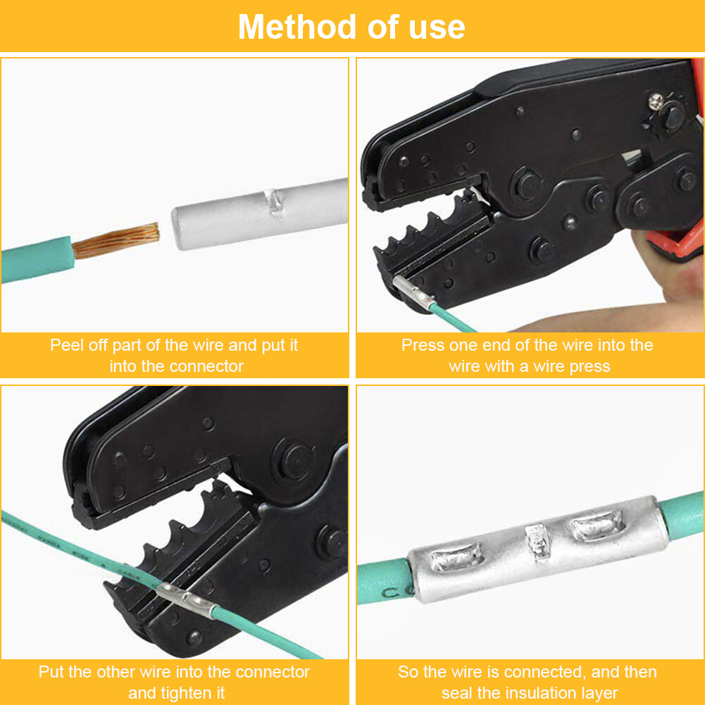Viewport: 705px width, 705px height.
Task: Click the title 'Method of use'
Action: point(351,27)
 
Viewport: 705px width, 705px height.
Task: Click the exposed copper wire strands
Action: point(116,240)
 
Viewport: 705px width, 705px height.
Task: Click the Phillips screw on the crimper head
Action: point(656,101)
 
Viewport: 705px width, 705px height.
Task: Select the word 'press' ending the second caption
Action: point(590,366)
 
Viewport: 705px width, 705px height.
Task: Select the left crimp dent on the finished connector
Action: point(457,561)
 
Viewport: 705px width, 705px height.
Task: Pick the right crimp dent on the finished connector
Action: point(597,525)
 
